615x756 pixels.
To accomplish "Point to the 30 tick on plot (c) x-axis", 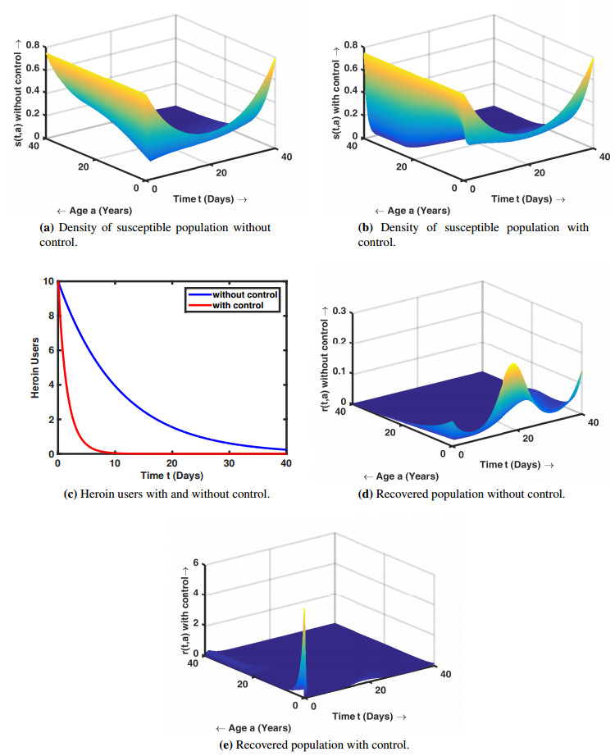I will coord(230,464).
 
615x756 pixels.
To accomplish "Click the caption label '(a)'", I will coord(47,227).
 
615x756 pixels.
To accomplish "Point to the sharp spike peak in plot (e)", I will coord(304,609).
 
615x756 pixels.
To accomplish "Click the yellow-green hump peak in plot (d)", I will coord(512,366).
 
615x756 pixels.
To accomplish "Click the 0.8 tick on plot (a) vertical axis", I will coord(34,45).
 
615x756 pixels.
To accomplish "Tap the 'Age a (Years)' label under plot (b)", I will coord(418,211).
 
